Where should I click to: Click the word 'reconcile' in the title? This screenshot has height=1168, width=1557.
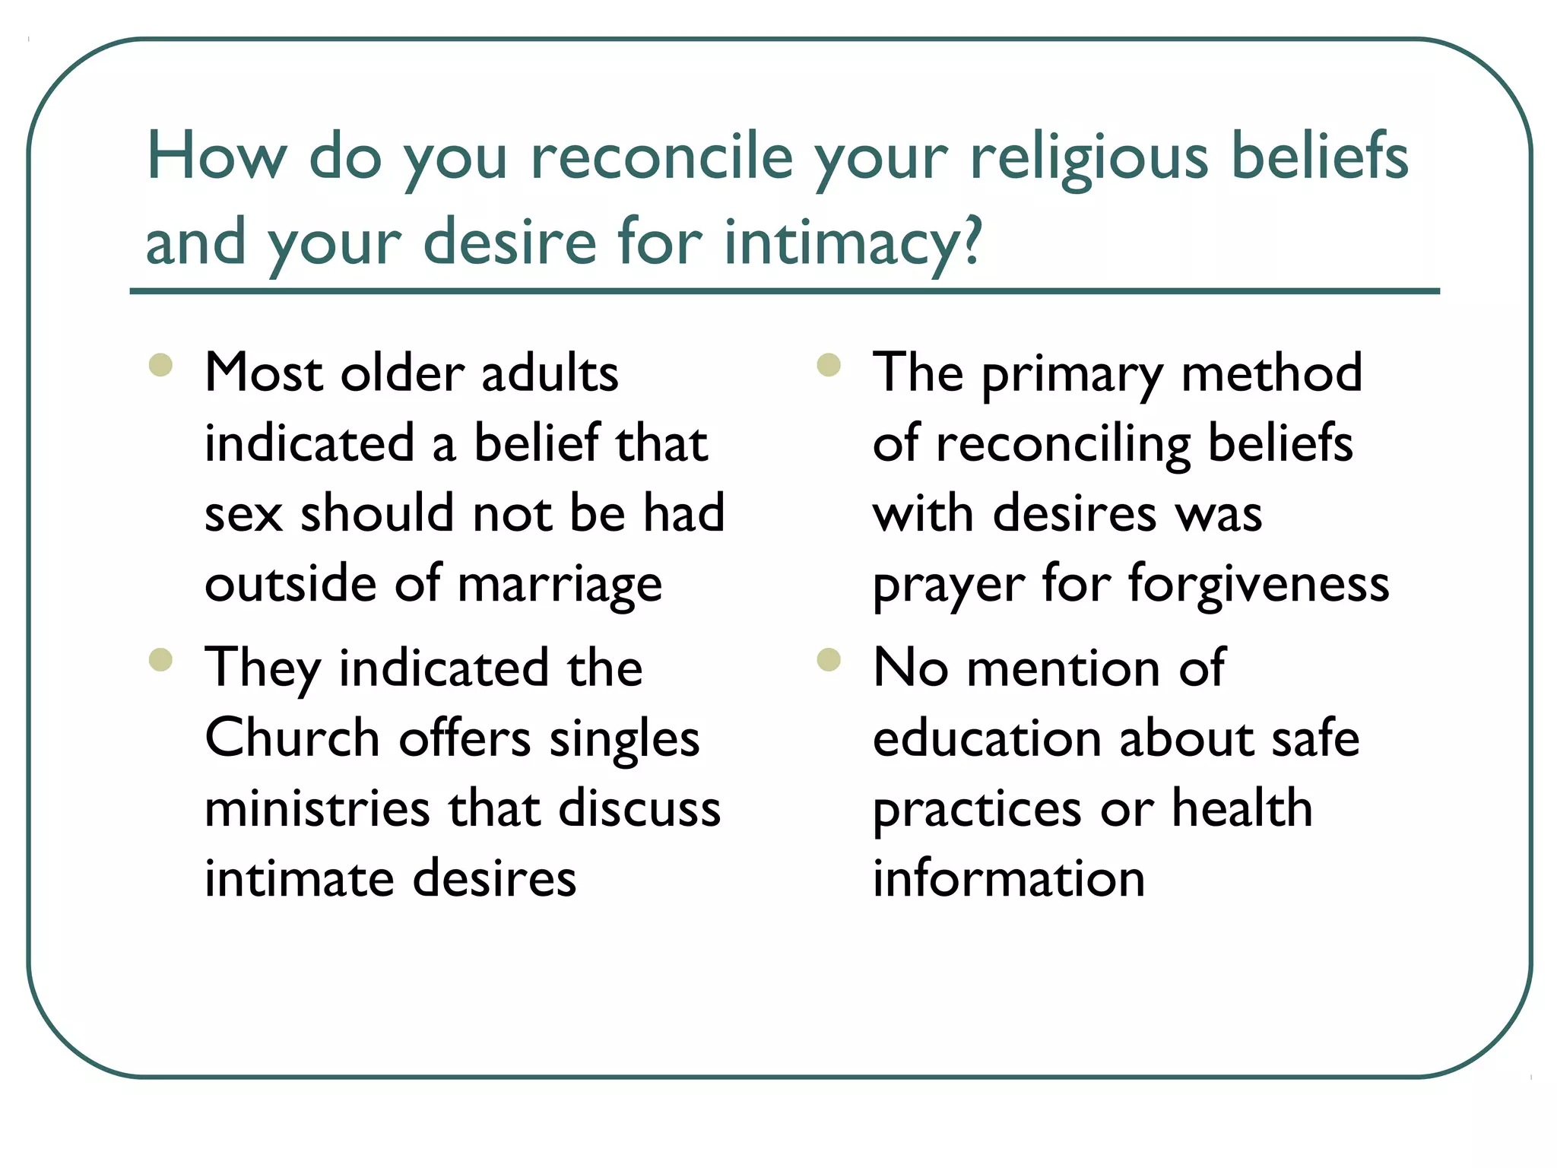coord(661,157)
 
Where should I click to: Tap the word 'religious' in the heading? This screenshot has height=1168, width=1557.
coord(1089,157)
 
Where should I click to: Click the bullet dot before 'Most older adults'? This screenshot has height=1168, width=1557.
coord(161,366)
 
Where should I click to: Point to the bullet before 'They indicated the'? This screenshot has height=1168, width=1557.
coord(161,659)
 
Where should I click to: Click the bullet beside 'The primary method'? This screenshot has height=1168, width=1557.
coord(829,366)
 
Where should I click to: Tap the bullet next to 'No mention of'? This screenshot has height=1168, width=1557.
coord(829,659)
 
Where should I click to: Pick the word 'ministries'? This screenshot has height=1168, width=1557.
coord(318,808)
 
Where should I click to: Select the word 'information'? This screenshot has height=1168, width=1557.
coord(1009,878)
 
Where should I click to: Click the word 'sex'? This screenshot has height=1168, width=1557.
coord(243,514)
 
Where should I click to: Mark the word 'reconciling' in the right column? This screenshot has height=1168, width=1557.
coord(1063,444)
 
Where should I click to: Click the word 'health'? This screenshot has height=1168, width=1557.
coord(1242,808)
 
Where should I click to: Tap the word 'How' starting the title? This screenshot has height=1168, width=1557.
coord(216,157)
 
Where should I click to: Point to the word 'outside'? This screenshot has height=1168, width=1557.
coord(291,584)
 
